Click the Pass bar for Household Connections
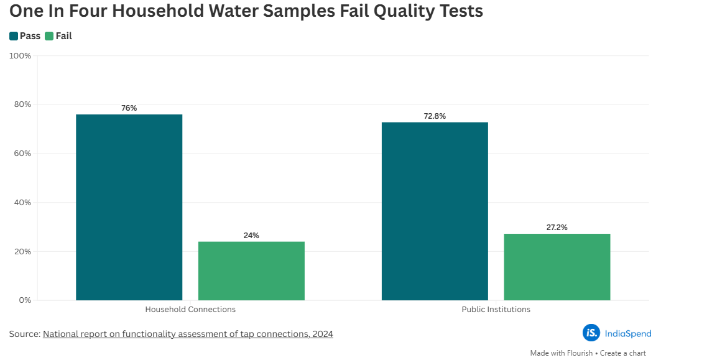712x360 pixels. pyautogui.click(x=129, y=207)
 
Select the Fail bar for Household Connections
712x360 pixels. pyautogui.click(x=251, y=270)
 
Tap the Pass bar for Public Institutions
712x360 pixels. pyautogui.click(x=435, y=211)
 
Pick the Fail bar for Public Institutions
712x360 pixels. pyautogui.click(x=557, y=267)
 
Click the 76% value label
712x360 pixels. pyautogui.click(x=129, y=108)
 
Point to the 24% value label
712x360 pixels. pyautogui.click(x=251, y=236)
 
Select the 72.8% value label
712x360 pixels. pyautogui.click(x=435, y=116)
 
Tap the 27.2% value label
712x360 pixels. pyautogui.click(x=557, y=228)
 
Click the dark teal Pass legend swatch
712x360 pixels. pyautogui.click(x=14, y=36)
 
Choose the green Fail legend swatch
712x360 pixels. pyautogui.click(x=49, y=36)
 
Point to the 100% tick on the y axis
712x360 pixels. pyautogui.click(x=21, y=56)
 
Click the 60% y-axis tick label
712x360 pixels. pyautogui.click(x=22, y=154)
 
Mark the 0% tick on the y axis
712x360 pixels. pyautogui.click(x=25, y=300)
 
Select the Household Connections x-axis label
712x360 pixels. pyautogui.click(x=190, y=309)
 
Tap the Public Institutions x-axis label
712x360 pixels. pyautogui.click(x=496, y=309)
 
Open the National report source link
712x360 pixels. pyautogui.click(x=188, y=334)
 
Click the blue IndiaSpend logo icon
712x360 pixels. pyautogui.click(x=591, y=333)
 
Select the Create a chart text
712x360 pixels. pyautogui.click(x=622, y=353)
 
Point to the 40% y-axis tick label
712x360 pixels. pyautogui.click(x=22, y=203)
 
